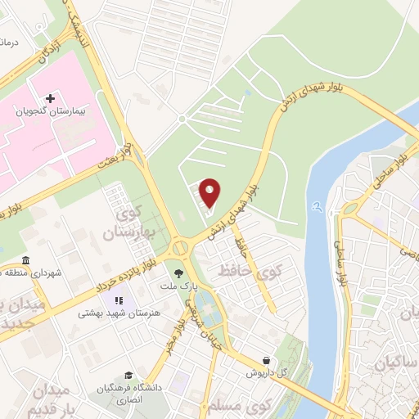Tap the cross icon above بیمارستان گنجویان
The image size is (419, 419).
[50, 97]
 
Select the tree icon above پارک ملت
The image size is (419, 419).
[178, 273]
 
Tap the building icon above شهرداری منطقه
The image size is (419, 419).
[26, 261]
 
